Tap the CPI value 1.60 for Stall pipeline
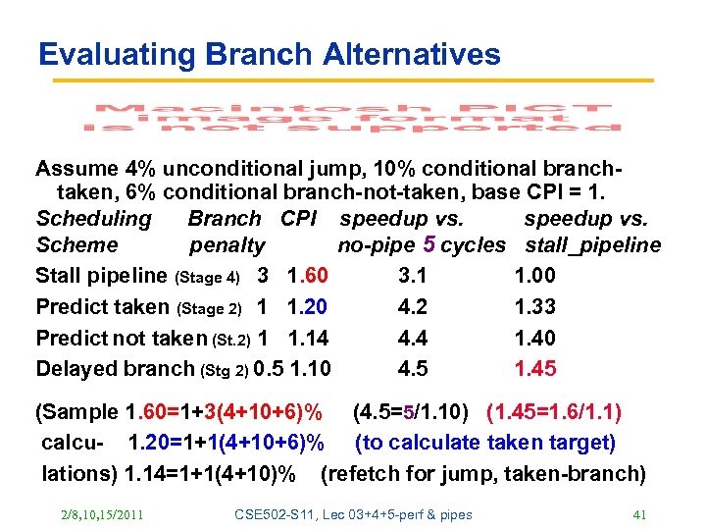(308, 275)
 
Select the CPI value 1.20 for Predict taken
(308, 306)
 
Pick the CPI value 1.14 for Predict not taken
(308, 338)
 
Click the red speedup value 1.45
(535, 369)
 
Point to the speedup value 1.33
(535, 306)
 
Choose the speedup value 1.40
(535, 338)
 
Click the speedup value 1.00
(535, 275)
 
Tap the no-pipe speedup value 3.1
(413, 275)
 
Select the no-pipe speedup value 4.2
(413, 306)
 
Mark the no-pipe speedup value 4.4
(413, 338)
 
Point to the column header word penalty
(227, 245)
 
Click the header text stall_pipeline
(593, 245)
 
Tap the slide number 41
(642, 514)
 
